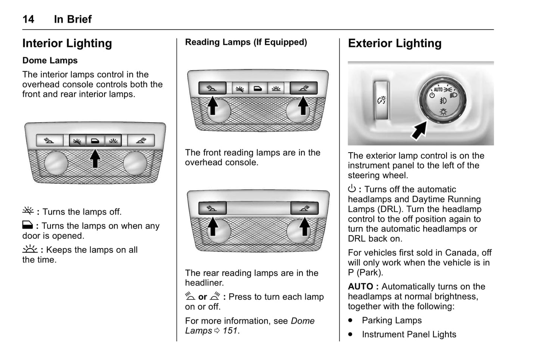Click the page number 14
(28, 19)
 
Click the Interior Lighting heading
(67, 43)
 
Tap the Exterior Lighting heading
(395, 43)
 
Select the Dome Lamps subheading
(50, 60)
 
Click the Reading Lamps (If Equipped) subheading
(246, 42)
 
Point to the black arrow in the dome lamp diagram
(95, 158)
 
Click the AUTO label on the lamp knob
(438, 90)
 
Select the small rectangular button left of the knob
(382, 100)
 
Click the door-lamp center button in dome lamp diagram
(95, 141)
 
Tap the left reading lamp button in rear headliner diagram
(212, 208)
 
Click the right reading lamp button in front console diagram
(304, 88)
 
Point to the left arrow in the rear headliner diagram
(213, 226)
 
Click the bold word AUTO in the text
(360, 287)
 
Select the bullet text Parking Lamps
(392, 320)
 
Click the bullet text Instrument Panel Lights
(409, 335)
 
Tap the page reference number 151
(230, 331)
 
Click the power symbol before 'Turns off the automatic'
(352, 189)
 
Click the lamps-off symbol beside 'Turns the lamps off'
(28, 211)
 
